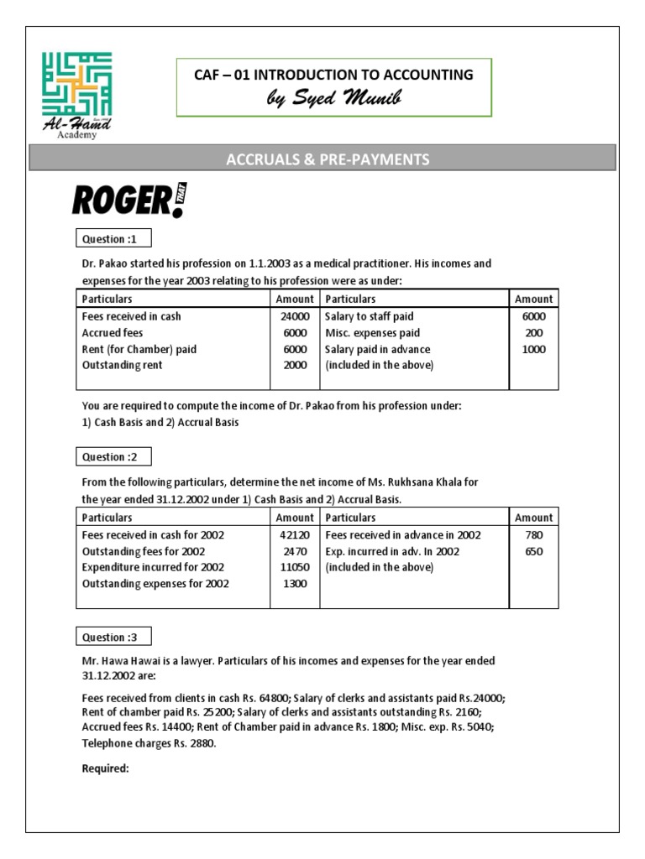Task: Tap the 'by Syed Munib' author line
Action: (x=333, y=100)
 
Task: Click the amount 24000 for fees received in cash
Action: (x=295, y=317)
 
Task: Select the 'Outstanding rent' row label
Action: (x=122, y=366)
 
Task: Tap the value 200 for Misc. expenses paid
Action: (x=533, y=333)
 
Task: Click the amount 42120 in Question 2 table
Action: (x=295, y=535)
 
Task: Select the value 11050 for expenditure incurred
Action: (x=295, y=568)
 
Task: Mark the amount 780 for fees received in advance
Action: (x=533, y=535)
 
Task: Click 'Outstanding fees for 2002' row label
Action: (x=143, y=552)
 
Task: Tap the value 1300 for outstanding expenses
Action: (x=295, y=584)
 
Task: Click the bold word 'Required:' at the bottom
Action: (x=105, y=768)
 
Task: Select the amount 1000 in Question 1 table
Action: (x=533, y=350)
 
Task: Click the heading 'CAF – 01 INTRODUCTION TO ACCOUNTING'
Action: (x=333, y=75)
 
